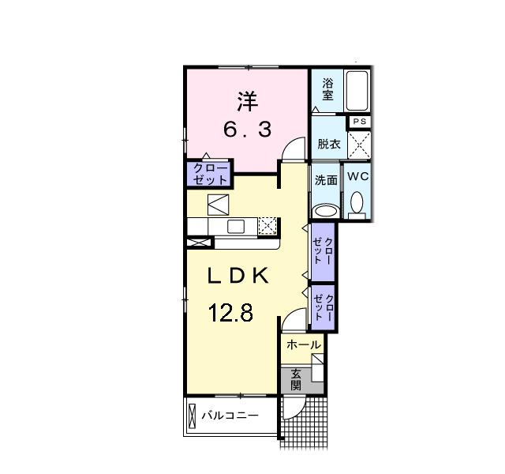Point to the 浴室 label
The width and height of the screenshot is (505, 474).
327,88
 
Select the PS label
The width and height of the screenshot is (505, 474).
359,122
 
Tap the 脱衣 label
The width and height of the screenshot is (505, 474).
328,144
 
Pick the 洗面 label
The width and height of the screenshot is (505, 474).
326,179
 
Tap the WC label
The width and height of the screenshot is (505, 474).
357,177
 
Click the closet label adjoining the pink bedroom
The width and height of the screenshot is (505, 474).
209,174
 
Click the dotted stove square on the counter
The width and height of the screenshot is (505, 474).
267,227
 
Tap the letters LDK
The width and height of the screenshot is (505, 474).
238,276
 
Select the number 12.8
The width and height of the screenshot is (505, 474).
230,313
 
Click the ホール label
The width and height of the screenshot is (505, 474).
303,345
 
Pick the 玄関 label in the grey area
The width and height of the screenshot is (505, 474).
295,380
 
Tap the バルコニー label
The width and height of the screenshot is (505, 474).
229,415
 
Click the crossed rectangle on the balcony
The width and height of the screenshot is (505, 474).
192,416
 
